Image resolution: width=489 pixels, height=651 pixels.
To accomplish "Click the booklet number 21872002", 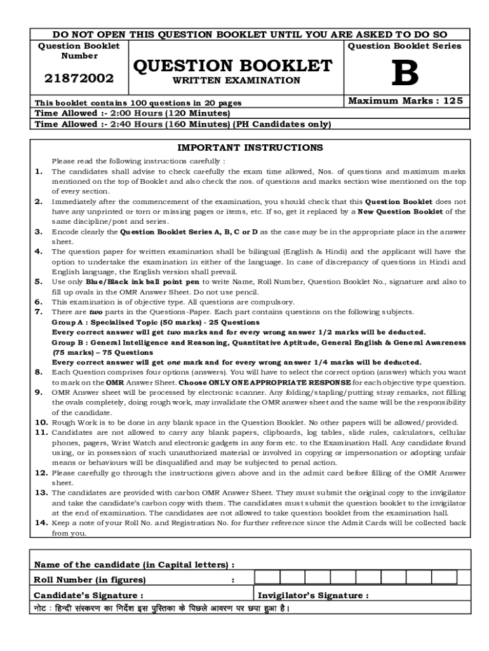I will pos(79,79).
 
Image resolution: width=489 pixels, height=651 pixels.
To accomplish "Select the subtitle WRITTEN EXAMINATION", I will pos(236,81).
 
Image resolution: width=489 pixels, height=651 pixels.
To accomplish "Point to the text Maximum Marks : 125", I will pos(405,100).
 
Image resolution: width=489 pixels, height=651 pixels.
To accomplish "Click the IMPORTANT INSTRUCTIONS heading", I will pos(250,147).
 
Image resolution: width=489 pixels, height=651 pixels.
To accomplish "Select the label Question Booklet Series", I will pos(405,46).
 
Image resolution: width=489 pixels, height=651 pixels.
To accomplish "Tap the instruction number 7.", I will pos(39,312).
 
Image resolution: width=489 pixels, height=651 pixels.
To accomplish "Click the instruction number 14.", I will pos(41,523).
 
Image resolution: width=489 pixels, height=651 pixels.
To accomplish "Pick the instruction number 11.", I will pos(41,432).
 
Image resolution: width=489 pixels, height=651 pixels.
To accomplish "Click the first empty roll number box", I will pos(267,577).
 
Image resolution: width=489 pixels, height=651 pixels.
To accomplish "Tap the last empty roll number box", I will pos(444,577).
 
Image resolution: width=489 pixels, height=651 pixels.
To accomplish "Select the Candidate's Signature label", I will pos(88,596).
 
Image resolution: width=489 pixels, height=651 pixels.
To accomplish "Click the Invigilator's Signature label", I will pos(313,596).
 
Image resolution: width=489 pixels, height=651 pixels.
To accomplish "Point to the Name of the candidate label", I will pos(134,565).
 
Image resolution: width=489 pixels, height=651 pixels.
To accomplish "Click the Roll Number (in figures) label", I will pos(90,580).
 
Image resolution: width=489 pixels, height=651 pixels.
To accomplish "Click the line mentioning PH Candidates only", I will pos(182,124).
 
